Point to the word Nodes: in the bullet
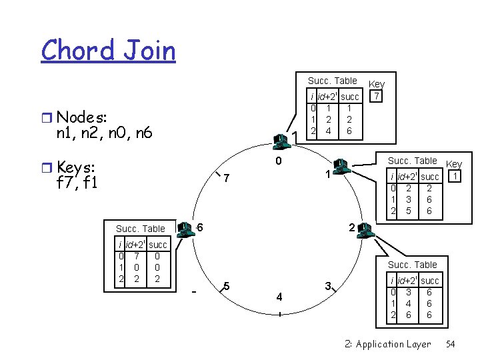(x=81, y=117)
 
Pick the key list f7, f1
(x=78, y=181)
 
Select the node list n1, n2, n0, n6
(x=105, y=133)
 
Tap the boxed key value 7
(x=377, y=97)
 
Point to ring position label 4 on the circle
(x=279, y=295)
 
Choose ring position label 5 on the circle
(x=227, y=287)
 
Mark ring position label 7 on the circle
(x=227, y=179)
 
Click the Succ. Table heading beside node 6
(x=140, y=229)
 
